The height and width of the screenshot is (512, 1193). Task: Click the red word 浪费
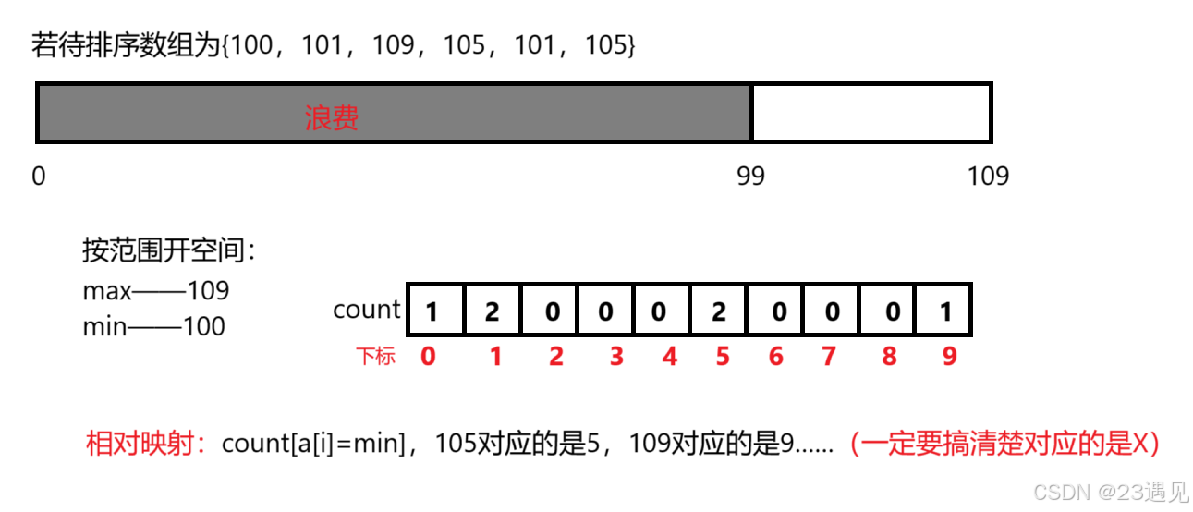tap(332, 118)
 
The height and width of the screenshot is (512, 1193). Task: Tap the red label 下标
tap(376, 357)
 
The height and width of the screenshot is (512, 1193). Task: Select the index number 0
tap(428, 356)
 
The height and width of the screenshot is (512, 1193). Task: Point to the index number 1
tap(496, 356)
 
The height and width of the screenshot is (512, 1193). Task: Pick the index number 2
tap(555, 356)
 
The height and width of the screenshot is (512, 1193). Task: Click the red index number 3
tap(616, 356)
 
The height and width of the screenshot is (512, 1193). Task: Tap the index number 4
tap(670, 356)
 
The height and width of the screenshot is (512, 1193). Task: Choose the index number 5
tap(723, 356)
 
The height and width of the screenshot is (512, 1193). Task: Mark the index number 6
tap(776, 356)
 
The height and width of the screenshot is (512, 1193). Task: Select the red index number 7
tap(829, 356)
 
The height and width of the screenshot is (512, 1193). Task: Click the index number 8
tap(889, 356)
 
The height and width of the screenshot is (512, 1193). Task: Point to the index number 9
tap(950, 356)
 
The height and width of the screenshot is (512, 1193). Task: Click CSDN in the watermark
tap(1061, 492)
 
